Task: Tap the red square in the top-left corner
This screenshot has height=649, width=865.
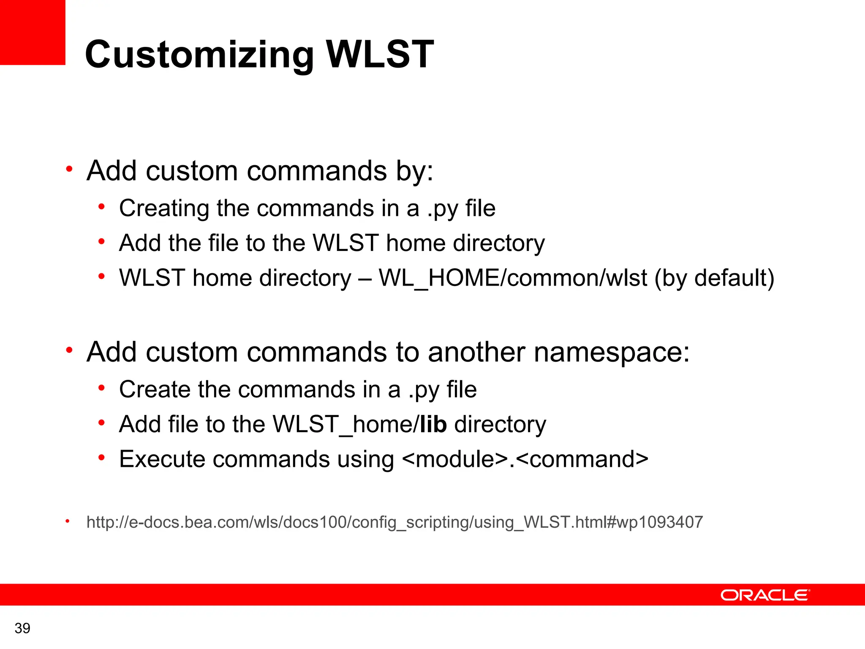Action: click(x=32, y=32)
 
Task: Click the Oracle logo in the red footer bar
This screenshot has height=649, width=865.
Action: click(x=765, y=595)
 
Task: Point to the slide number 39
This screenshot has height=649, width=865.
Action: click(x=22, y=628)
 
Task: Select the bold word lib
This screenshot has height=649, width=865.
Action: click(x=433, y=424)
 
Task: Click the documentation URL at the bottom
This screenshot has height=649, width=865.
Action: click(x=394, y=522)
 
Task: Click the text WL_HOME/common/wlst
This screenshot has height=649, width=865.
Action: click(x=513, y=278)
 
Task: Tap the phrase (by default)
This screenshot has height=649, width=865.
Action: click(x=714, y=278)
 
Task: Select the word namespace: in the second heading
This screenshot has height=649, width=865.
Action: click(x=612, y=352)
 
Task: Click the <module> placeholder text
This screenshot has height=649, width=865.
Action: click(x=455, y=459)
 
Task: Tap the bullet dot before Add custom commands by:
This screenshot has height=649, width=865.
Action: click(x=69, y=169)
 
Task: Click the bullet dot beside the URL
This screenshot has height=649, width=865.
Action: click(x=67, y=521)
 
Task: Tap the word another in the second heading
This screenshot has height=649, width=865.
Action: click(x=476, y=352)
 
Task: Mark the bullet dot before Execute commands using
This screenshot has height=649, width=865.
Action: click(x=101, y=457)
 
